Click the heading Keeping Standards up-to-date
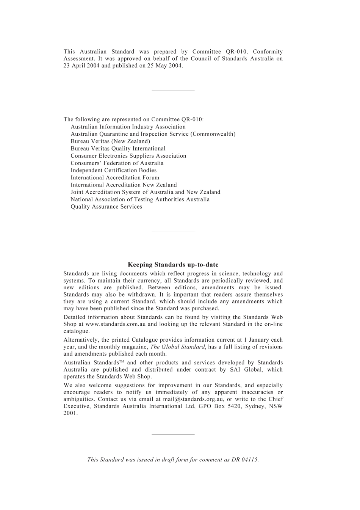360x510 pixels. coord(173,265)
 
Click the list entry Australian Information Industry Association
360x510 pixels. coord(128,127)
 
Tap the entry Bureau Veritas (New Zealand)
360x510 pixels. coord(110,141)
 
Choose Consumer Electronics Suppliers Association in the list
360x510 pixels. coord(128,156)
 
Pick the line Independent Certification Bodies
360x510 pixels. coord(114,170)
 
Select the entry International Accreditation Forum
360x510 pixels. coord(115,177)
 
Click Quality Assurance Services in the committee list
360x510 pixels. coord(106,207)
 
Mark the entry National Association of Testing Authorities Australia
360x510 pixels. coord(140,199)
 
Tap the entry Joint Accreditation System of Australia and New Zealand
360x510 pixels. coord(146,192)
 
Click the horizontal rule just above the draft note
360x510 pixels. coord(173,435)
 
